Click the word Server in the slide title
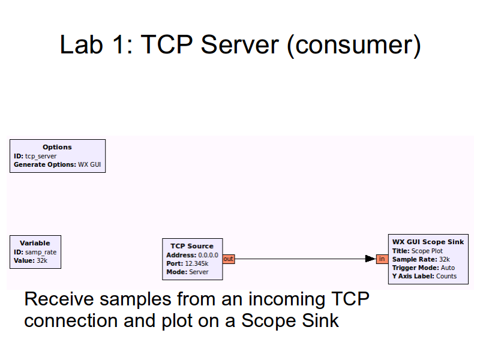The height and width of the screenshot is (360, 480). [x=240, y=45]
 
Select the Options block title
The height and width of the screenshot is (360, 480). [x=57, y=147]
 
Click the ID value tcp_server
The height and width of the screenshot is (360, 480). [x=41, y=156]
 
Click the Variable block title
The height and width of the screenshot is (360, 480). [x=35, y=243]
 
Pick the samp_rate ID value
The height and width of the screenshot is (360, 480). [x=41, y=253]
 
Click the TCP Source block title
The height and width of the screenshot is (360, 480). [x=192, y=246]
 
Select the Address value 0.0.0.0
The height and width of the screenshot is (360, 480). [x=208, y=255]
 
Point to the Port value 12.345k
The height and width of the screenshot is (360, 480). [x=196, y=263]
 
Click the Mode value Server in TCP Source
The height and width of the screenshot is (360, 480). [x=199, y=272]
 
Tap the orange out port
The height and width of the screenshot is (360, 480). [x=229, y=259]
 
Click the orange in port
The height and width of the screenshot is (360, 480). [x=382, y=259]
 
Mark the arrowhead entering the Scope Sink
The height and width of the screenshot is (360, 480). [x=370, y=259]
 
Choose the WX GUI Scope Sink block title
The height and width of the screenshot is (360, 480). [x=428, y=242]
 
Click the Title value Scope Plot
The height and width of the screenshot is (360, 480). [x=427, y=251]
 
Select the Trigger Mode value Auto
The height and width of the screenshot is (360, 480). [x=448, y=268]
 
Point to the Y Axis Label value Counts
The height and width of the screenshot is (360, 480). [x=446, y=277]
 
